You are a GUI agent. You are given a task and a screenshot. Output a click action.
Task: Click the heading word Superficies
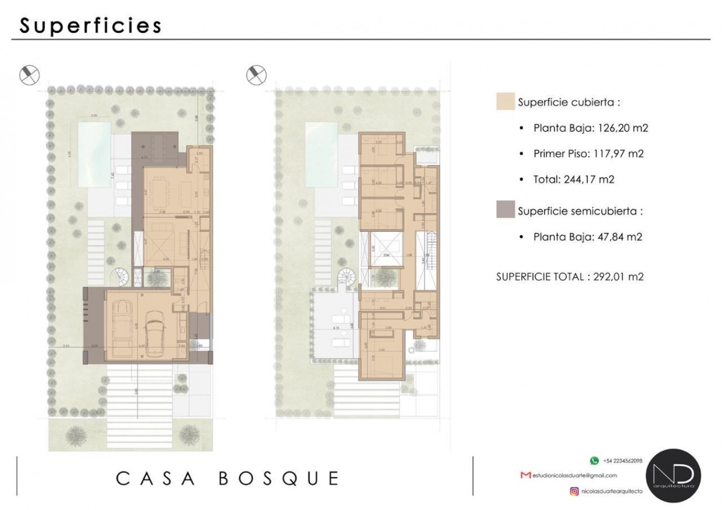(x=90, y=25)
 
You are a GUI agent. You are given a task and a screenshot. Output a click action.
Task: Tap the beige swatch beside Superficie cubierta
(x=505, y=101)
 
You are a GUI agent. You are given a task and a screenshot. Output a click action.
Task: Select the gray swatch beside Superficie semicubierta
(x=505, y=210)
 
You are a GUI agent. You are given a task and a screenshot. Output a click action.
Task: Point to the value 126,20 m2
(x=623, y=128)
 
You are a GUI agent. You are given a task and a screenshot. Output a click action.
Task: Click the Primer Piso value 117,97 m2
(x=618, y=154)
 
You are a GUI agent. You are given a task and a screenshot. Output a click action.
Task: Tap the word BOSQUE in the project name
(x=279, y=478)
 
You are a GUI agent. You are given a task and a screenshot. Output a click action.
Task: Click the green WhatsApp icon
(x=594, y=461)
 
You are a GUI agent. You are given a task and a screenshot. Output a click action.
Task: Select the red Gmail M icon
(x=526, y=476)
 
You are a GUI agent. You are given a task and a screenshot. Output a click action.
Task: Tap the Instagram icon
(x=574, y=491)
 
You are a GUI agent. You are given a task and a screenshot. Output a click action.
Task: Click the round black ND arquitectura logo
(x=673, y=476)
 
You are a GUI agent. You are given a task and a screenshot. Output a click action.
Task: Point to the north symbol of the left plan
(x=30, y=75)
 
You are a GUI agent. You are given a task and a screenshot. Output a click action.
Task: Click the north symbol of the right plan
(x=257, y=75)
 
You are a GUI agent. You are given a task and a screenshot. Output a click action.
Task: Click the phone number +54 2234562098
(x=623, y=461)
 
